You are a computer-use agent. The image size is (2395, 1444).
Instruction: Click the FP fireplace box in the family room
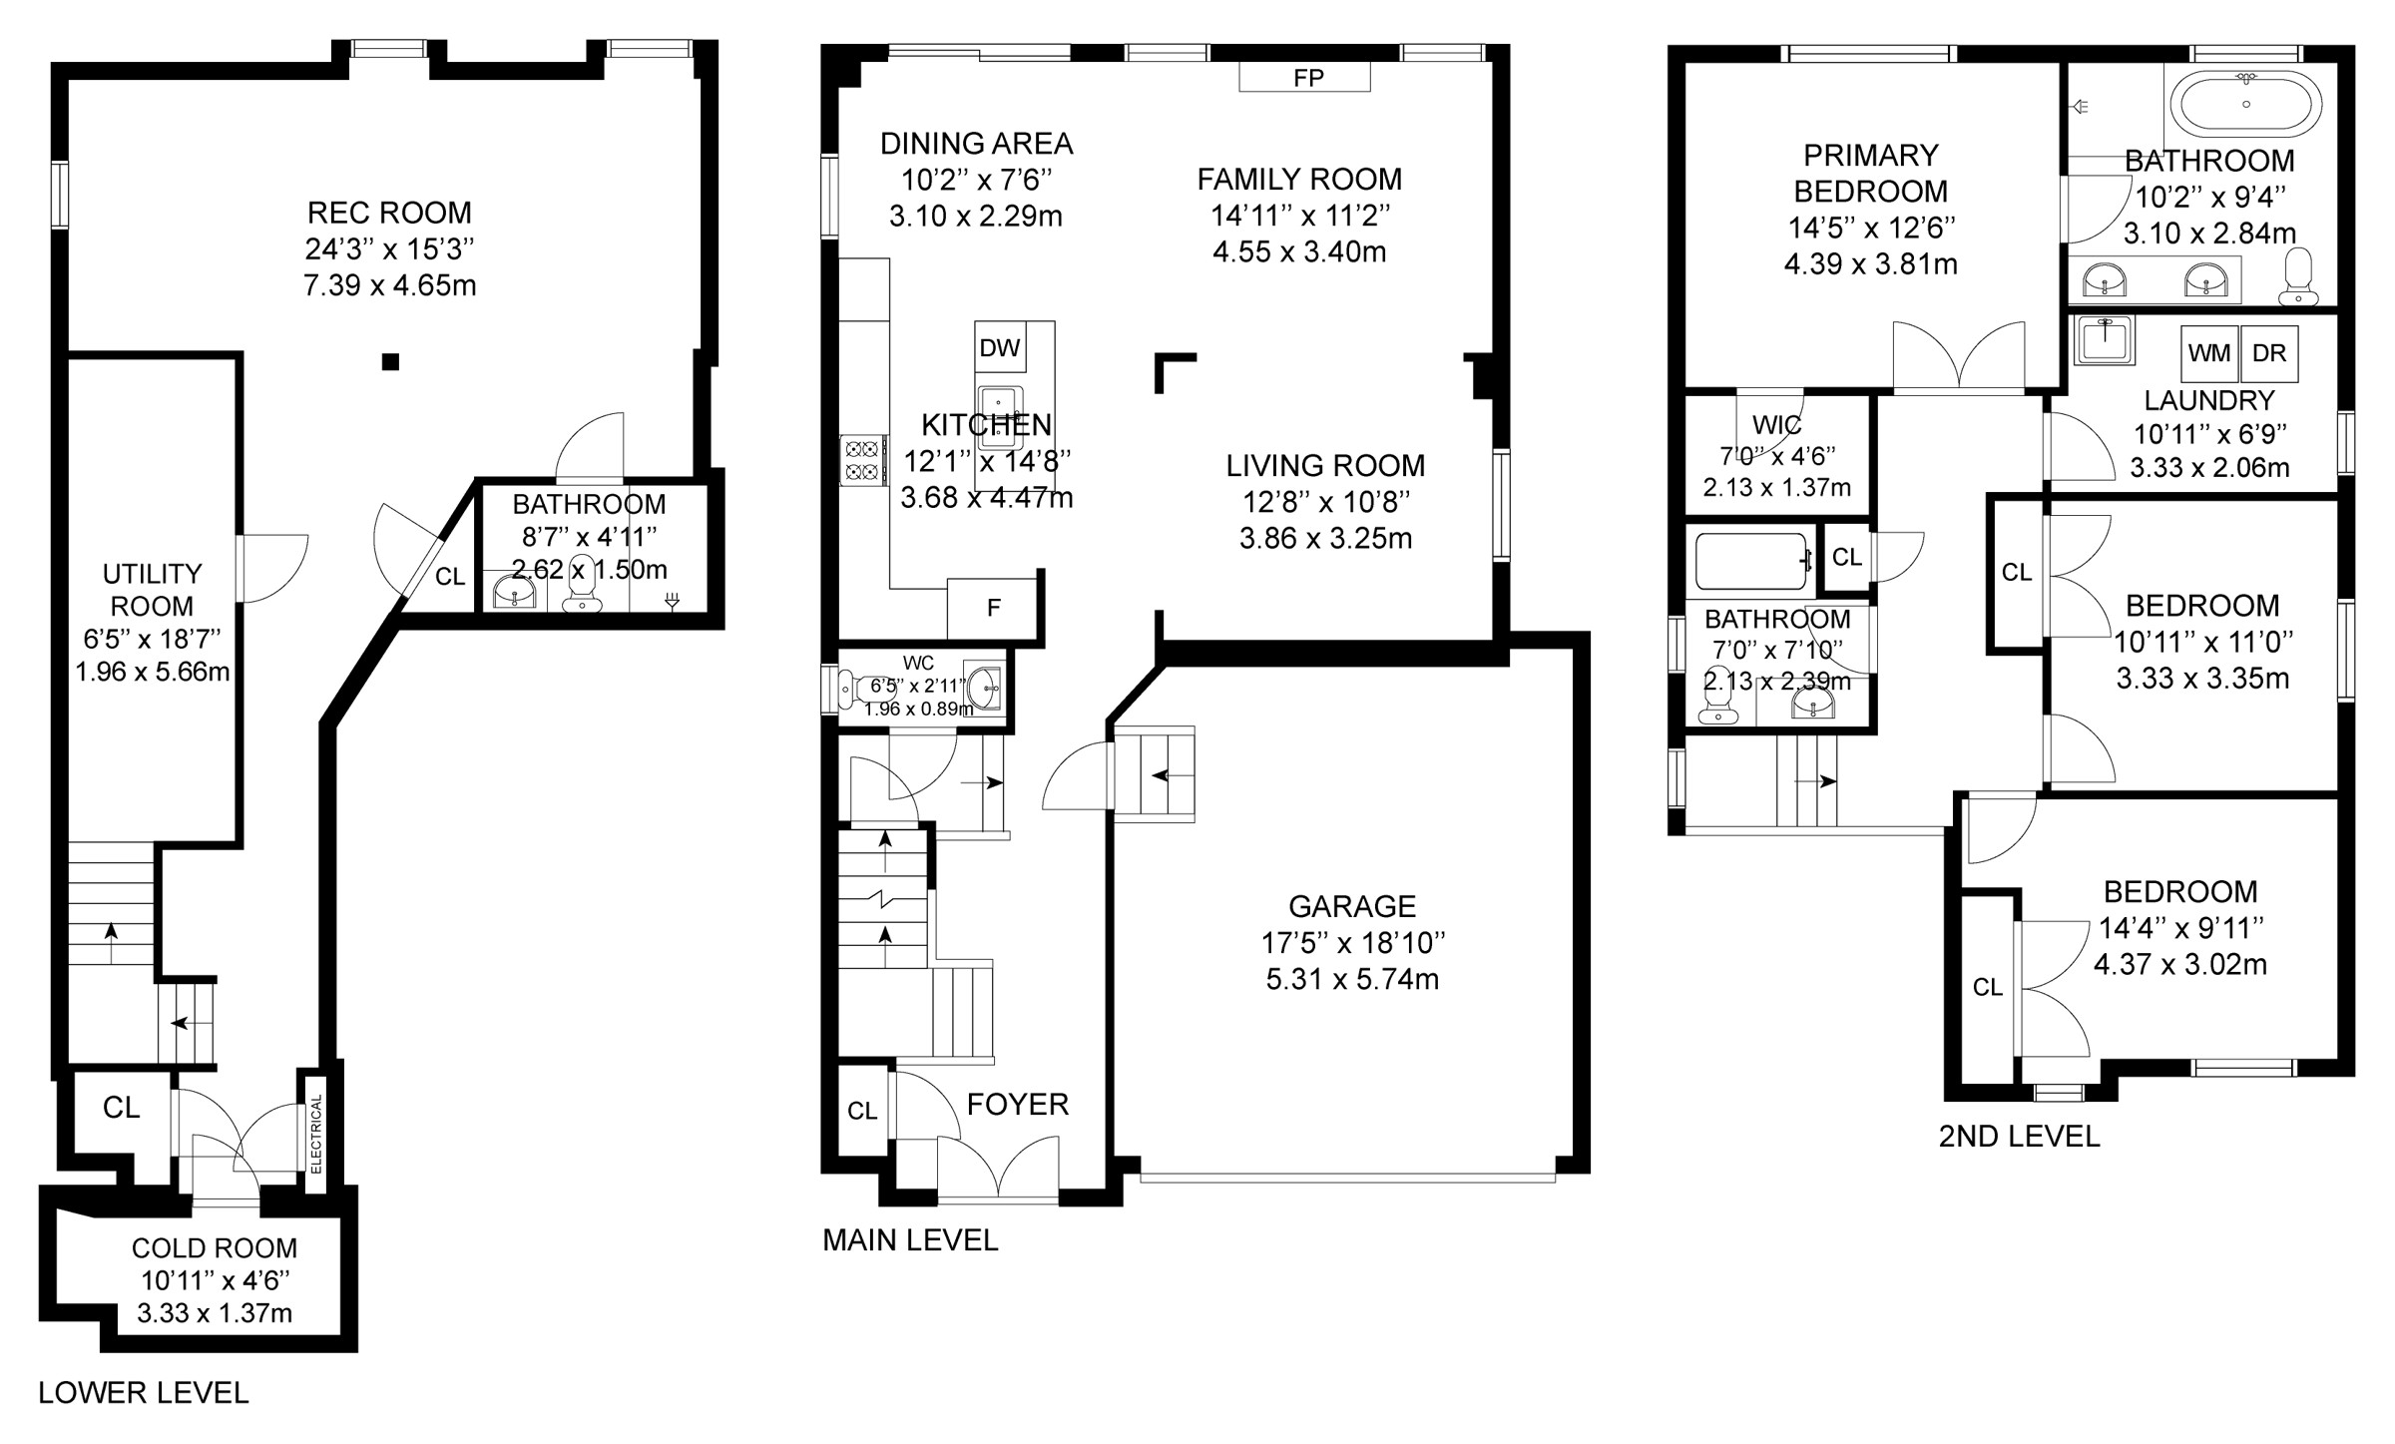click(x=1304, y=77)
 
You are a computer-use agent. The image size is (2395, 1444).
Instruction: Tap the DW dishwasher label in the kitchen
click(x=1000, y=347)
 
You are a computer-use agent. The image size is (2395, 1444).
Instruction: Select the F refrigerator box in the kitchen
click(x=993, y=608)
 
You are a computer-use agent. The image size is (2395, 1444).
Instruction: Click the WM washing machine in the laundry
click(x=2209, y=353)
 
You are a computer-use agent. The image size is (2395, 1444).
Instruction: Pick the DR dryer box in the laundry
click(x=2269, y=353)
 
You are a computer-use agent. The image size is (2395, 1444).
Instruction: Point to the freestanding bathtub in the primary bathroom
click(x=2246, y=104)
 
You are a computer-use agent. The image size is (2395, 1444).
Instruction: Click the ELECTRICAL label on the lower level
click(x=316, y=1134)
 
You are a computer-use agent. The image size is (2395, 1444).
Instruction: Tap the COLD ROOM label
click(x=215, y=1248)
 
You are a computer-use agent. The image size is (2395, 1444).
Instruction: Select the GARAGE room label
click(x=1352, y=906)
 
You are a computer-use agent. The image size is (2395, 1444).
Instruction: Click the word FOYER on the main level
click(x=1018, y=1105)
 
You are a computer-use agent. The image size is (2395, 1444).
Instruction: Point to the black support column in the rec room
click(x=390, y=362)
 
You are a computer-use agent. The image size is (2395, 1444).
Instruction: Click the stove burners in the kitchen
click(x=864, y=460)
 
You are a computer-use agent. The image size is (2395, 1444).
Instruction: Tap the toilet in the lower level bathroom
click(x=581, y=586)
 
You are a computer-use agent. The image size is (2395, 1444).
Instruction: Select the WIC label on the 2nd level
click(x=1777, y=425)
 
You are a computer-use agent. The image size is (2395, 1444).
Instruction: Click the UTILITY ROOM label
click(x=152, y=590)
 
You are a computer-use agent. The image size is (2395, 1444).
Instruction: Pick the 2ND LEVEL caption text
click(x=2020, y=1137)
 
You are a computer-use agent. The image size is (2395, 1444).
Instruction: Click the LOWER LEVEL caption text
click(x=144, y=1393)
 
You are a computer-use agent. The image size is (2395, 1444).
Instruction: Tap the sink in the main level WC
click(x=983, y=687)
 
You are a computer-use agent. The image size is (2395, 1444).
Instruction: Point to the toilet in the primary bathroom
click(x=2298, y=276)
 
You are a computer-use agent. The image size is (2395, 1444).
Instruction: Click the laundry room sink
click(x=2105, y=340)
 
